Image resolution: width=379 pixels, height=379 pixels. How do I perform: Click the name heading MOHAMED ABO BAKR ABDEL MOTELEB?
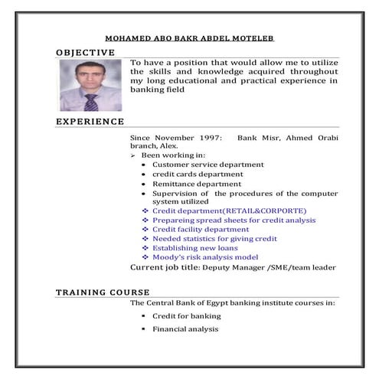190,38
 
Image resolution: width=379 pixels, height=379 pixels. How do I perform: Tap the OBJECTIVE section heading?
85,52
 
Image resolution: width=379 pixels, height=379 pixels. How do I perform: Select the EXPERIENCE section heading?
90,121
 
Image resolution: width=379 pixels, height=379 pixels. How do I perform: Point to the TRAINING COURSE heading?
103,293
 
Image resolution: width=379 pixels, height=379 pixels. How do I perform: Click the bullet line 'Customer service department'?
207,164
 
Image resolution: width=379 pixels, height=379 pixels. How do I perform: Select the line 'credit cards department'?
198,174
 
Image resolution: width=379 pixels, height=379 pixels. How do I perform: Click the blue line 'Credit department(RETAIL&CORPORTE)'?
229,211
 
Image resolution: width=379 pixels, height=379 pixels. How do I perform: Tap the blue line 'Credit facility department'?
201,229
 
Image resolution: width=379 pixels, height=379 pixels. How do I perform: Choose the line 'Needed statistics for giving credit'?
214,239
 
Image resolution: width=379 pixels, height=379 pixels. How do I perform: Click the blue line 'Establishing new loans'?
194,248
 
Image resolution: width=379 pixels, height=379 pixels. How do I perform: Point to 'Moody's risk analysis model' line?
205,257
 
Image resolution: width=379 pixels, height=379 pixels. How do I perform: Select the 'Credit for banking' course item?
186,315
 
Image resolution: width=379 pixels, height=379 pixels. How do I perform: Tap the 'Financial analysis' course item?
185,329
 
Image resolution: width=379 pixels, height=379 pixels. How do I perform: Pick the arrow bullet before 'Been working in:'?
133,155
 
